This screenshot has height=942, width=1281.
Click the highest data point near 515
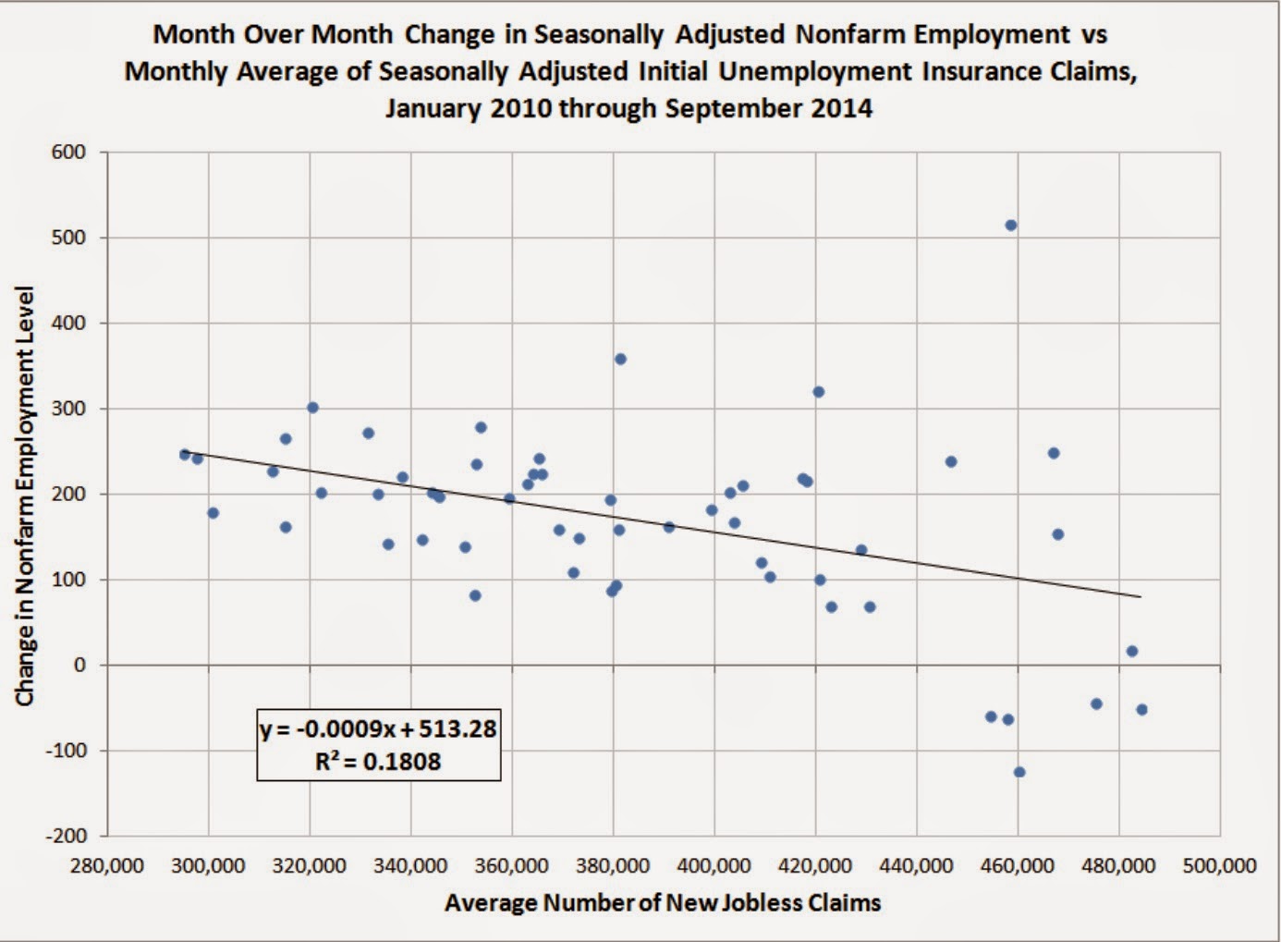1011,226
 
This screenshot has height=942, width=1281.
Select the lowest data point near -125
1019,772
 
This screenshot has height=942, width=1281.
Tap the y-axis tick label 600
67,153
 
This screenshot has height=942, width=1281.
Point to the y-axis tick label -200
64,836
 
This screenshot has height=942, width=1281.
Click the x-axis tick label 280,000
107,866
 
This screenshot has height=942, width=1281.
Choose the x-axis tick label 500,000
1219,866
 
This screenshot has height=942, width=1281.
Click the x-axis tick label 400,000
714,866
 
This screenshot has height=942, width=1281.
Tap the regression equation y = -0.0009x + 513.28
378,729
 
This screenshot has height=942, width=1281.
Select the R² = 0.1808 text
378,762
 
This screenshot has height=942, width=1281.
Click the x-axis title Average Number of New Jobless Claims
662,903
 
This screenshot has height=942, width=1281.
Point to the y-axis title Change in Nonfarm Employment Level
25,496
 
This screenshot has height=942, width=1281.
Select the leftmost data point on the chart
185,454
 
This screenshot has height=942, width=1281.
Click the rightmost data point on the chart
1141,710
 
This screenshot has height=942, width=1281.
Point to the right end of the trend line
1141,597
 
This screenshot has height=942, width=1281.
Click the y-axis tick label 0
79,666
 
